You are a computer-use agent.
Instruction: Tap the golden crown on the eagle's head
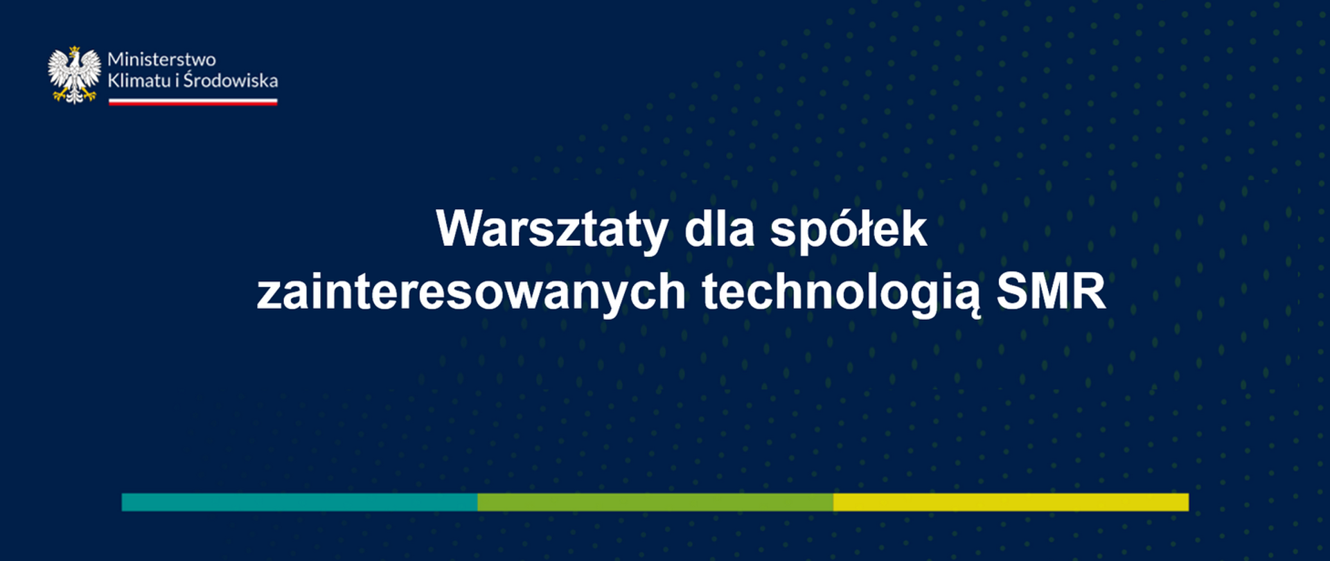[74, 51]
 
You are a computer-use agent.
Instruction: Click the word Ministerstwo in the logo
[161, 60]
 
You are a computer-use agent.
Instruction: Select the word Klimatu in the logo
[139, 80]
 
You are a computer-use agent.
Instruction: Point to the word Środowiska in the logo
[231, 80]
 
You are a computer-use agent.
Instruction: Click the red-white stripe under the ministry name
[193, 102]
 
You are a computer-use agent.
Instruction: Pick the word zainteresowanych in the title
[471, 292]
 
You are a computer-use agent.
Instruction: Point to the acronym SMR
[1051, 292]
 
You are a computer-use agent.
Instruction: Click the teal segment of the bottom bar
[299, 502]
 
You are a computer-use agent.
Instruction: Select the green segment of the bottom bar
[655, 502]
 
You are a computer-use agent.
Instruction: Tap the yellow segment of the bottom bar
[1011, 502]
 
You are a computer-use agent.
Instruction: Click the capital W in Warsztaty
[460, 228]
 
